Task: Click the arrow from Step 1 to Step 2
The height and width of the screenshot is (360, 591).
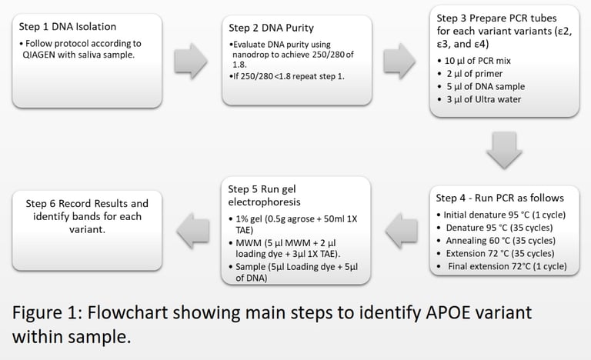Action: pos(191,61)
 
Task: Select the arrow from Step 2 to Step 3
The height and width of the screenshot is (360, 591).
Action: pos(399,61)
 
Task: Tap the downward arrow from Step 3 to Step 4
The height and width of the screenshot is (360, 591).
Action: pos(504,150)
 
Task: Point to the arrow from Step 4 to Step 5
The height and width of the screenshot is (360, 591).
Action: pos(402,231)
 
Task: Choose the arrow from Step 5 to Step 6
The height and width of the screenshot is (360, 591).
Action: pos(192,231)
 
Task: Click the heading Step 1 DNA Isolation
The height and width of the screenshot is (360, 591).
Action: pos(68,27)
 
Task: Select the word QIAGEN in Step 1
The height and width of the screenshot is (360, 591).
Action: pos(38,55)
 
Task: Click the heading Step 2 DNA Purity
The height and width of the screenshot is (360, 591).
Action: pos(271,28)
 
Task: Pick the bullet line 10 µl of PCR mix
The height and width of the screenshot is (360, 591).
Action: pos(478,61)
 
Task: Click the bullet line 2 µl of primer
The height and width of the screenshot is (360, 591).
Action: pos(475,74)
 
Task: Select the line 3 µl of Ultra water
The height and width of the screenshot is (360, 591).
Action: pos(484,99)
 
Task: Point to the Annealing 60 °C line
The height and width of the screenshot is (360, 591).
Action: pos(500,241)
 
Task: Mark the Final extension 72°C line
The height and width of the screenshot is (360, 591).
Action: pos(507,266)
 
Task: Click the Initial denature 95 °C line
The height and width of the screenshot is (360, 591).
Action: pos(505,215)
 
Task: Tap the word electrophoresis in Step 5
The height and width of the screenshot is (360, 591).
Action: pos(264,202)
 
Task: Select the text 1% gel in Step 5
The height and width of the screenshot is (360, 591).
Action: pos(249,219)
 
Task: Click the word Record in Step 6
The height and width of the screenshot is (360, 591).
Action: pos(74,204)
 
